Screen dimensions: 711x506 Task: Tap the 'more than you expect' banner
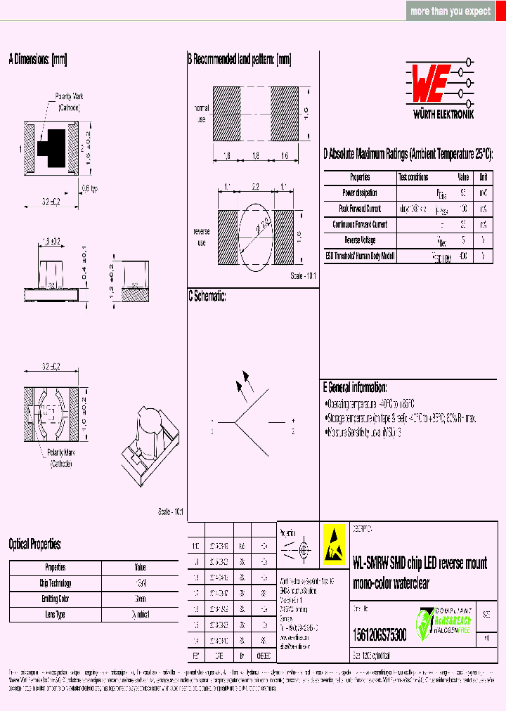(x=450, y=11)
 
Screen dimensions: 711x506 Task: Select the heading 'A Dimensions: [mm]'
(x=37, y=60)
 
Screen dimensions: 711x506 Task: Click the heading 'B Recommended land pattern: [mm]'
(x=239, y=60)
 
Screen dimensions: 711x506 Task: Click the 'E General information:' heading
(x=355, y=387)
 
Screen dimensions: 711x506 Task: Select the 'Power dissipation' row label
(x=360, y=193)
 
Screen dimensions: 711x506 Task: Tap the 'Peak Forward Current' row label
(x=360, y=209)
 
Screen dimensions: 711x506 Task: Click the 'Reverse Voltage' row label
(x=360, y=240)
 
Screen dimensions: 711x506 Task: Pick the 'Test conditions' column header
(x=413, y=177)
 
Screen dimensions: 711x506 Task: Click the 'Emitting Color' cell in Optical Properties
(x=55, y=599)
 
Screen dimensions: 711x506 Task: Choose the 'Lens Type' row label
(x=55, y=614)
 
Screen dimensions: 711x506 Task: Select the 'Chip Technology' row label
(x=55, y=583)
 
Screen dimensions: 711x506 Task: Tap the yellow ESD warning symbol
(x=335, y=544)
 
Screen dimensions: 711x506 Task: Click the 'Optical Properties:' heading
(x=35, y=544)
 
